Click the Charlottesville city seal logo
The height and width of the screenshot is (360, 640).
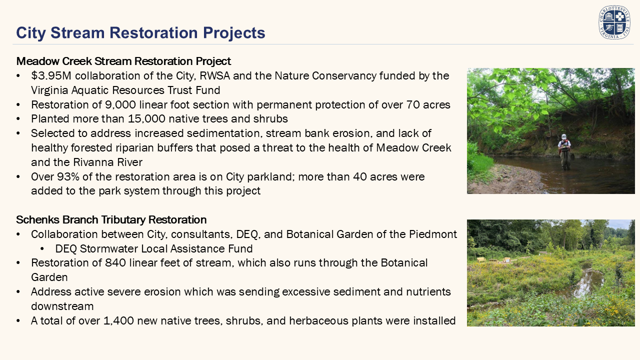pos(614,22)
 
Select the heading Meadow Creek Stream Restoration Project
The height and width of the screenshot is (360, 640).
pos(123,61)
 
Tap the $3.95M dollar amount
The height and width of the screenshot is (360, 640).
pos(51,75)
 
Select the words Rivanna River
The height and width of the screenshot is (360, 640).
pos(107,162)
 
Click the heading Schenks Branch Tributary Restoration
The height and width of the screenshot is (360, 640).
pos(111,219)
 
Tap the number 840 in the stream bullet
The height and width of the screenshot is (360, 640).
pos(115,263)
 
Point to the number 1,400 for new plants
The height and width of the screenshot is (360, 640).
pos(118,321)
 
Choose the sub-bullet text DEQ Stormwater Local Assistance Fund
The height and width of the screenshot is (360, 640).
pos(154,249)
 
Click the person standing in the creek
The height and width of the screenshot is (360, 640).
pos(564,151)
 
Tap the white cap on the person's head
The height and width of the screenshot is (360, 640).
pos(563,136)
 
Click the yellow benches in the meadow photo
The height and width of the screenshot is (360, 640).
pos(493,260)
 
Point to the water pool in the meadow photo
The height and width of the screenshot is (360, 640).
pos(585,281)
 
